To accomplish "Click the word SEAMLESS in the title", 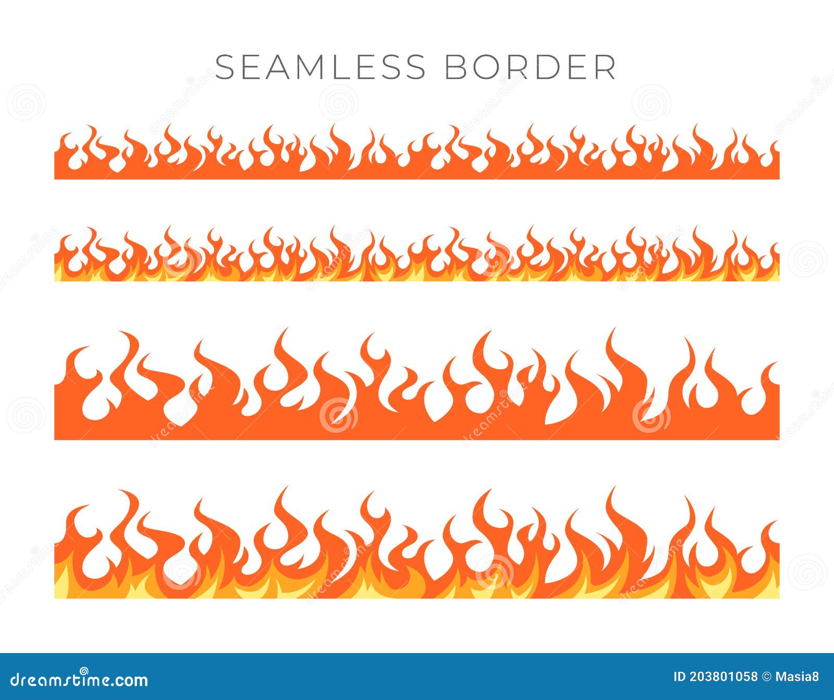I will (x=320, y=67).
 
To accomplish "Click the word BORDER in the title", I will (x=530, y=67).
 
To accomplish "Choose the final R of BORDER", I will (x=605, y=67).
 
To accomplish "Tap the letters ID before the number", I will (x=679, y=677).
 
